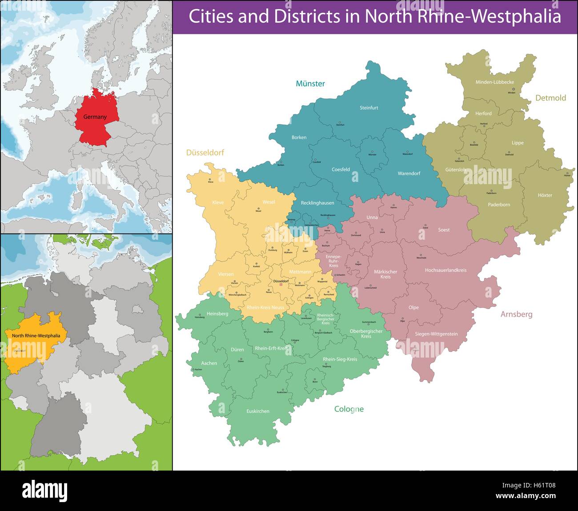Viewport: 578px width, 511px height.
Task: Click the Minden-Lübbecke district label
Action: [x=494, y=82]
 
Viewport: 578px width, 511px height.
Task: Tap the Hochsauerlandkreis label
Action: [x=446, y=270]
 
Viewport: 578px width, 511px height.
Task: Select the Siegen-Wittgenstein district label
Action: [x=436, y=334]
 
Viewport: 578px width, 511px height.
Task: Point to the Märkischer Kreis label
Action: [x=385, y=274]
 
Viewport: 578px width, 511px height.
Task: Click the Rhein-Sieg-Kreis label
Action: [x=340, y=359]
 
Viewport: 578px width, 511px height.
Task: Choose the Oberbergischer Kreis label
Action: [x=366, y=334]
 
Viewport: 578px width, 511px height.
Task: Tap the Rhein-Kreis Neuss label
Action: [x=265, y=307]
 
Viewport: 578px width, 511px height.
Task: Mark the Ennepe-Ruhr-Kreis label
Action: [x=333, y=261]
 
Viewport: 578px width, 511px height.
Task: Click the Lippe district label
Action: [x=518, y=143]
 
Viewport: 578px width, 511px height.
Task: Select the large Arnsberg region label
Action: [x=516, y=314]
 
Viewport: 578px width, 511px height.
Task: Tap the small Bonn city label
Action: [x=315, y=382]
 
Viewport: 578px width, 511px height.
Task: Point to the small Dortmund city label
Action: [x=356, y=235]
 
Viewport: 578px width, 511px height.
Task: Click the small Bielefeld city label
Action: [x=474, y=145]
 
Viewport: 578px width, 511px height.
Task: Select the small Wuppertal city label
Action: [x=322, y=282]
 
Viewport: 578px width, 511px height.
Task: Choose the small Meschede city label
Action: [x=421, y=258]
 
